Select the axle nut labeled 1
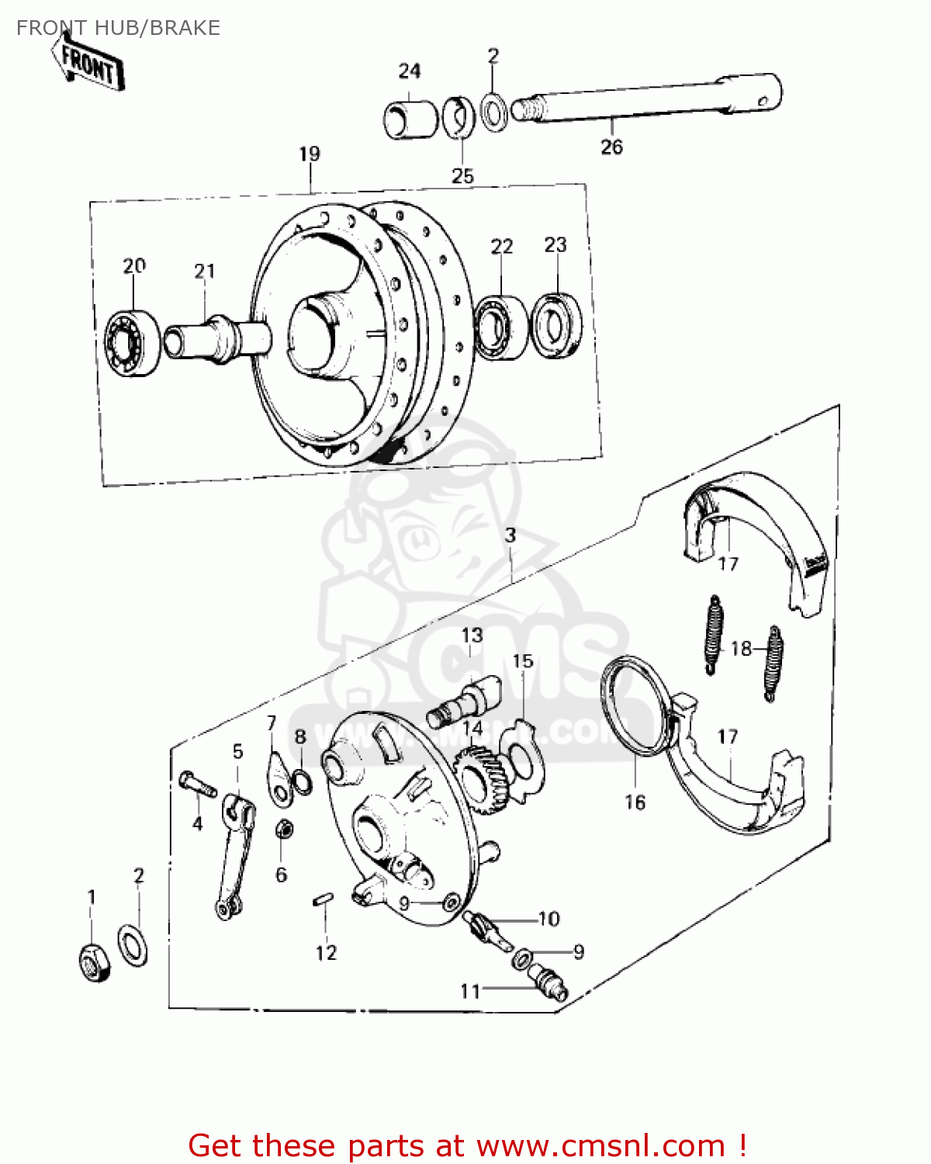(x=94, y=963)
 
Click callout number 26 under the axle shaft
(x=611, y=147)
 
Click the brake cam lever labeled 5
(x=235, y=854)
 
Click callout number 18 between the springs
(x=741, y=648)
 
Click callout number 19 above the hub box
(x=309, y=154)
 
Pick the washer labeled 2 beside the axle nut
(x=133, y=944)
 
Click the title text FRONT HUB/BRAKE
(x=118, y=28)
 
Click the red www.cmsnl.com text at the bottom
(x=600, y=1145)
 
